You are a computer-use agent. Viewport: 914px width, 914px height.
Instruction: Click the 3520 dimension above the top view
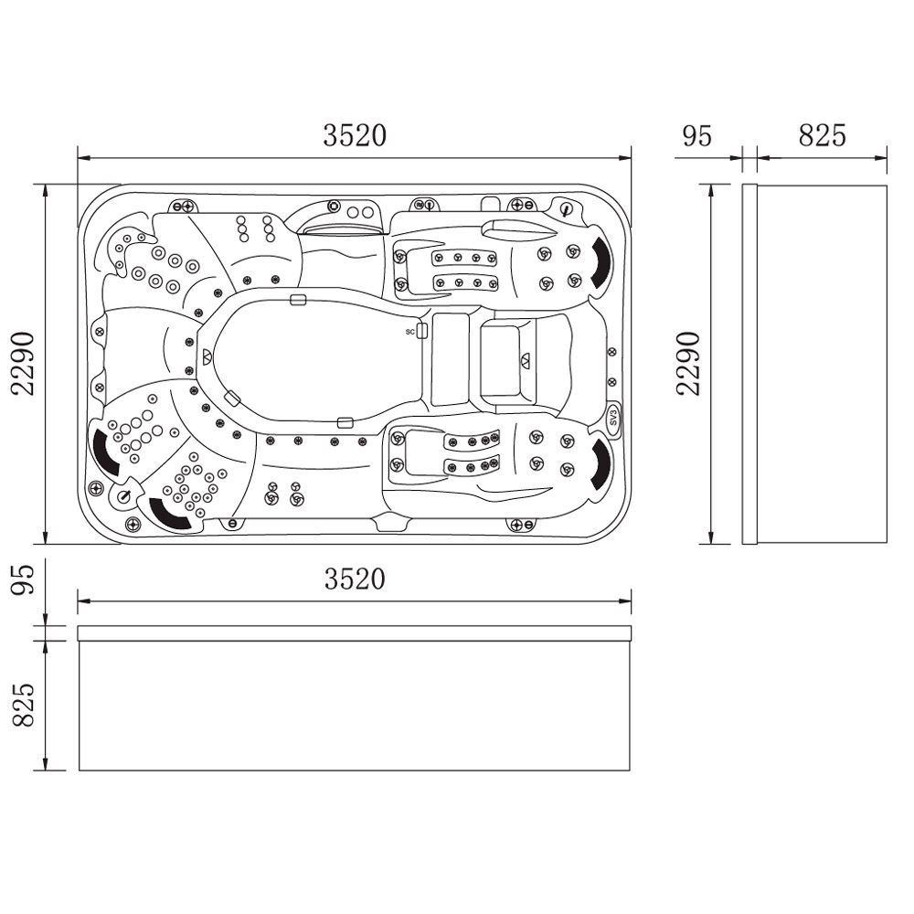coord(355,135)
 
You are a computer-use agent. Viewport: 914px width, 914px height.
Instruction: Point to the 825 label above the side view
coord(823,135)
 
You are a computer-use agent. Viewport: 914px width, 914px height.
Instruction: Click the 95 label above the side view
coord(697,135)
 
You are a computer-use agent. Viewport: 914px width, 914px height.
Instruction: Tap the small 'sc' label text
coord(410,331)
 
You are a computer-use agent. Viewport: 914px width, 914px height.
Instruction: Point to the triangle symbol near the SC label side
coord(526,359)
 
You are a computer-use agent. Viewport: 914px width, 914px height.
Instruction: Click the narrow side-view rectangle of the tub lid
coord(749,364)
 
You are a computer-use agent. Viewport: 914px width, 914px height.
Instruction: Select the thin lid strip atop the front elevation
coord(355,632)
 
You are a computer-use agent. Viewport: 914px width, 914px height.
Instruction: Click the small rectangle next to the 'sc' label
coord(422,331)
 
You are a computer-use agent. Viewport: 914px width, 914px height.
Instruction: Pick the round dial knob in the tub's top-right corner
coord(568,210)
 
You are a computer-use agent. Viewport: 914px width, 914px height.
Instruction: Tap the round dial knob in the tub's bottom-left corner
coord(124,495)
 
